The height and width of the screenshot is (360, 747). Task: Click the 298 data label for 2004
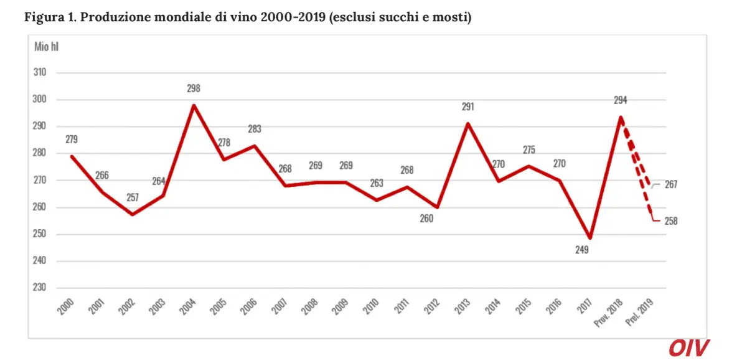194,88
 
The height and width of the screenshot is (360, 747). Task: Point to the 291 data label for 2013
467,107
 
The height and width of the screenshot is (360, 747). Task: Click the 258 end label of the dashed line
670,220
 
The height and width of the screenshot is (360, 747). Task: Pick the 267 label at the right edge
670,185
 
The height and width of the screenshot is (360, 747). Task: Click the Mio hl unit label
47,47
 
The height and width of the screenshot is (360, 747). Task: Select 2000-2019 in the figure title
291,17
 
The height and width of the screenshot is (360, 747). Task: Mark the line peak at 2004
194,105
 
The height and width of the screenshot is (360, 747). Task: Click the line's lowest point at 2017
589,238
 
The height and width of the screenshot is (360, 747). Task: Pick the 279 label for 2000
71,139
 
